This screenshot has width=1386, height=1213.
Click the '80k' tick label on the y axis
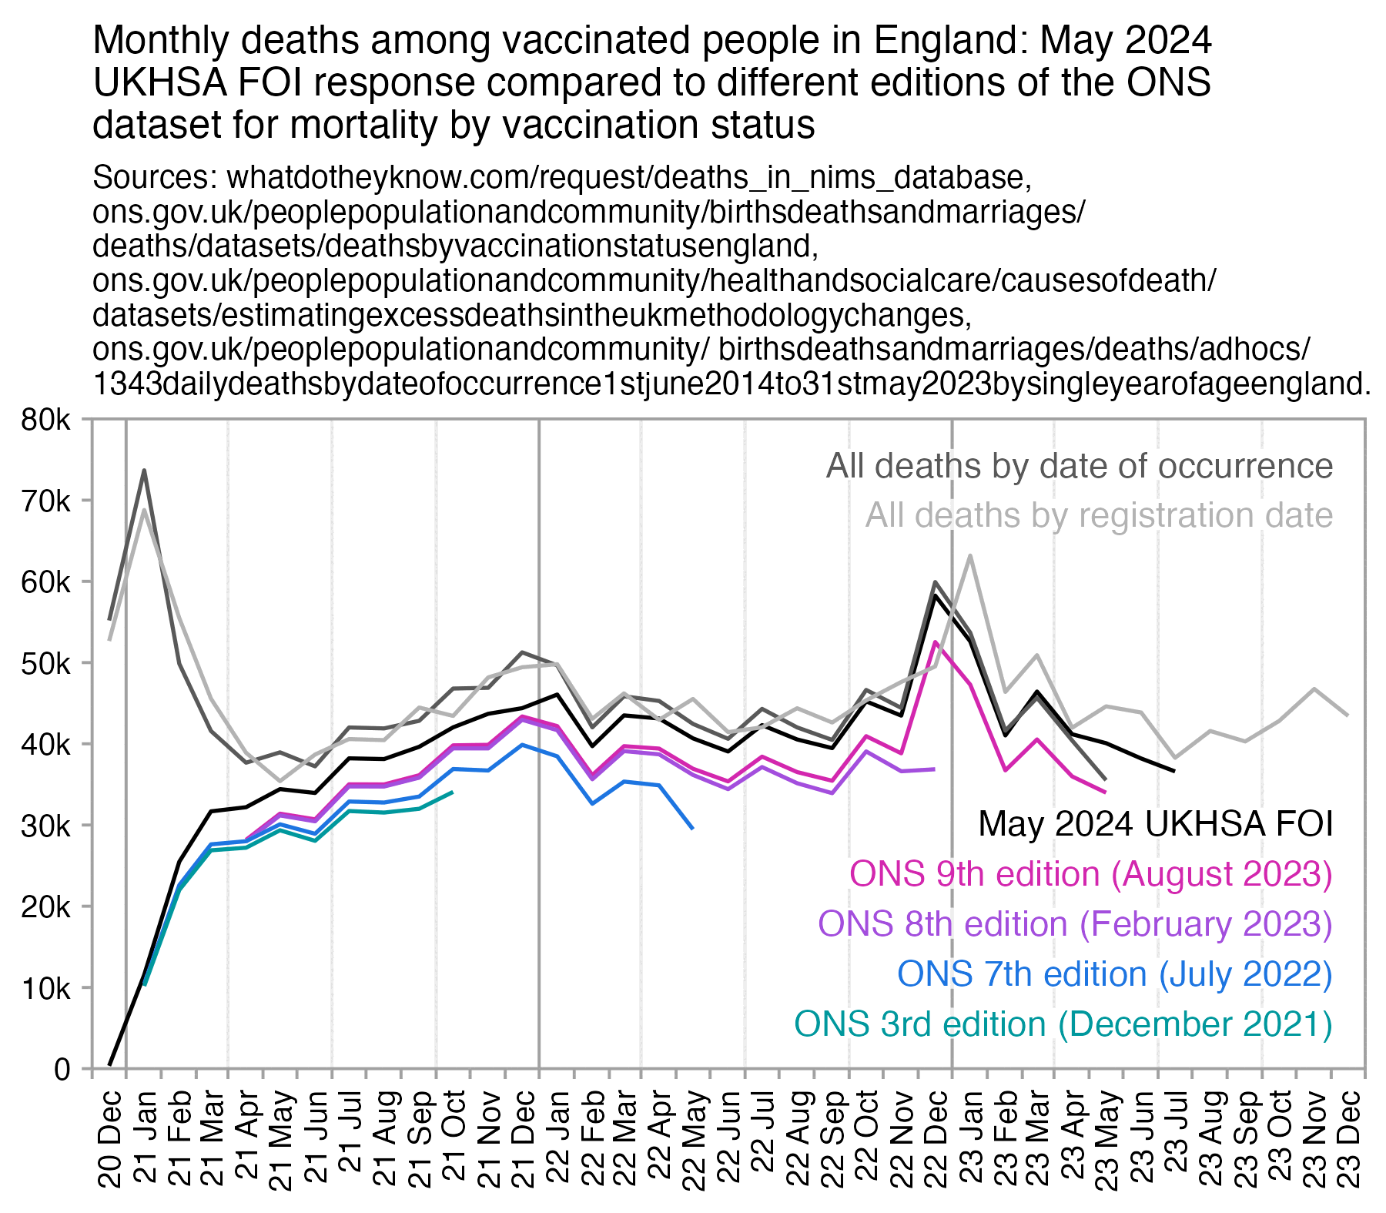coord(47,421)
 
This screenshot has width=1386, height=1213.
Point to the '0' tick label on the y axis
coord(62,1070)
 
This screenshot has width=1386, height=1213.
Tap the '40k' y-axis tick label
coord(47,745)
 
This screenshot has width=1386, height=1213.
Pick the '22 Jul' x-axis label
coord(762,1128)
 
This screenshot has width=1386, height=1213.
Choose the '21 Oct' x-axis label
coord(453,1128)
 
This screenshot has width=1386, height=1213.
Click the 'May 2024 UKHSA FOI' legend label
coord(1155,824)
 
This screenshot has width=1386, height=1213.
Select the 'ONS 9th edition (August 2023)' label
coord(1090,874)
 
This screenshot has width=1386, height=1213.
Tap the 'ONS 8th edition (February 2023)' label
coord(1075,924)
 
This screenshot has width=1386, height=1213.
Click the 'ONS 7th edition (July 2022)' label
coord(1114,974)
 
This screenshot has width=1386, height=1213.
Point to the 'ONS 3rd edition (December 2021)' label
coord(1063,1024)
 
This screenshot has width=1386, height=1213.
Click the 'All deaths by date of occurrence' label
coord(1079,466)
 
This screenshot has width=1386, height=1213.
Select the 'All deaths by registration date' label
coord(1099,515)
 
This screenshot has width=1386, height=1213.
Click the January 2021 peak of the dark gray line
coord(144,471)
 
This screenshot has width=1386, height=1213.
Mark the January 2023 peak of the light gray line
coord(969,555)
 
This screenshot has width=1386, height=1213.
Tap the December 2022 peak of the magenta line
coord(935,642)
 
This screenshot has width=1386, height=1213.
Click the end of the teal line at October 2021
coord(452,792)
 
